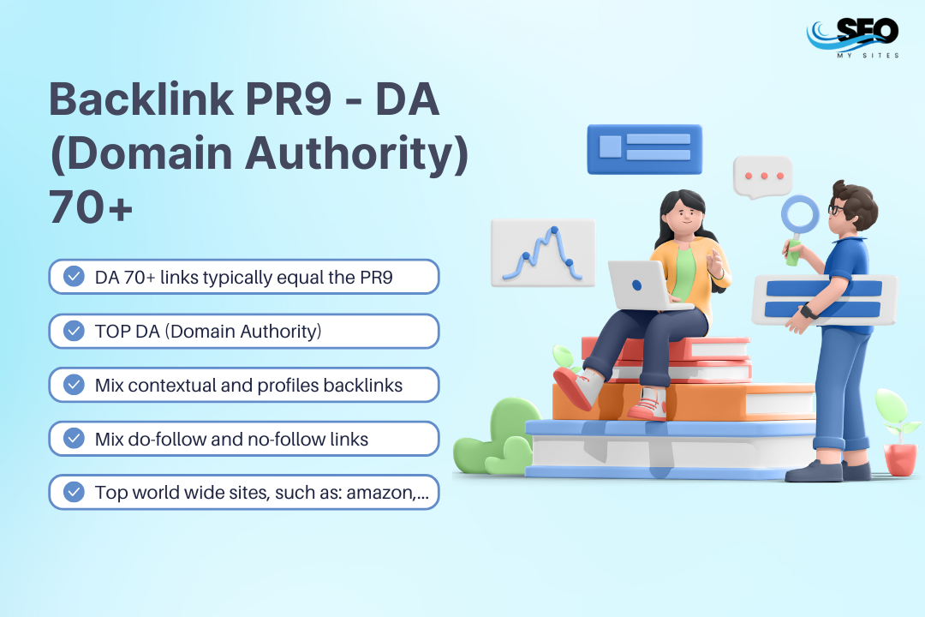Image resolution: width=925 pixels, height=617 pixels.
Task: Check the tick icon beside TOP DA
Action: click(75, 331)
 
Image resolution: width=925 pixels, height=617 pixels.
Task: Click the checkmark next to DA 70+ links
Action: click(75, 276)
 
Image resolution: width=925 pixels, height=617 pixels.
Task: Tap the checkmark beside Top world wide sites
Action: click(75, 492)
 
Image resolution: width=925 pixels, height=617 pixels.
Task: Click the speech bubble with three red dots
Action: click(762, 177)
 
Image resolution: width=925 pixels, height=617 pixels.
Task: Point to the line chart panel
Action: click(542, 252)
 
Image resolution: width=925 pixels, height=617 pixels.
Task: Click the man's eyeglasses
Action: click(835, 207)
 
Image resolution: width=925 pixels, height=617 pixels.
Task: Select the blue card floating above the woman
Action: click(644, 148)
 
